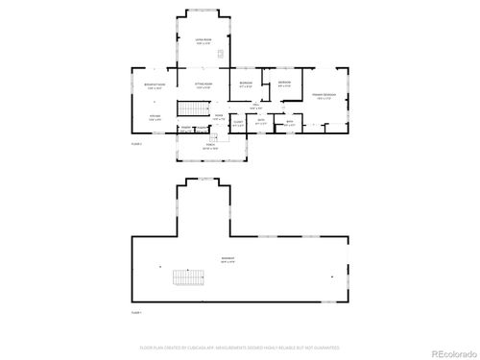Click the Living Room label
tap(203, 39)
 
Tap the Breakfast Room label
tap(154, 85)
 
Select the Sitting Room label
tap(203, 84)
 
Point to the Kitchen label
tap(154, 118)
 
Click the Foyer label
tap(219, 117)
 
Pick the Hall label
tap(256, 107)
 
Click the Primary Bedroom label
tap(324, 97)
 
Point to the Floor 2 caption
tap(136, 144)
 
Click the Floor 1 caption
tap(136, 313)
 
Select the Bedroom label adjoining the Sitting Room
tap(246, 85)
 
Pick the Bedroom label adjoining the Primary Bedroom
tap(284, 84)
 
